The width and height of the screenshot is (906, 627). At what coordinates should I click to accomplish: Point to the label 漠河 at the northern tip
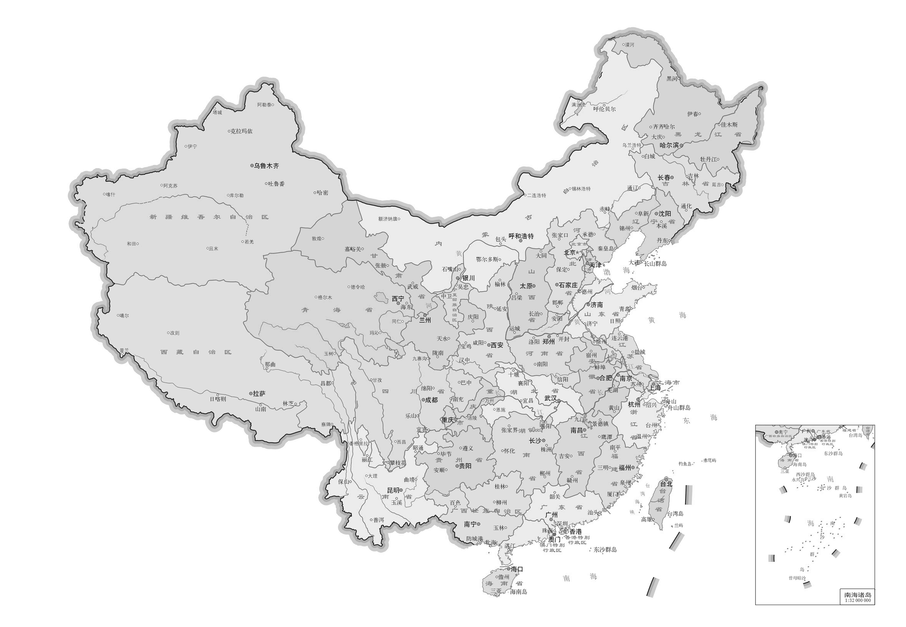(630, 45)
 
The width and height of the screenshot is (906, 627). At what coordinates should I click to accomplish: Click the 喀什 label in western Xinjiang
(111, 194)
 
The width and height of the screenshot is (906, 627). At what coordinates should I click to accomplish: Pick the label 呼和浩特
(521, 236)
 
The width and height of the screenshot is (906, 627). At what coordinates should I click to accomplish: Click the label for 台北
(666, 484)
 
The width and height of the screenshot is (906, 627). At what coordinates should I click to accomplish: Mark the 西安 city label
(497, 345)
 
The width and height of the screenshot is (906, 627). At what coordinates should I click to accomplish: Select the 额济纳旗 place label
(388, 219)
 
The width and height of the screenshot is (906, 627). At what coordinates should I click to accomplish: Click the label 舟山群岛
(679, 408)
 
